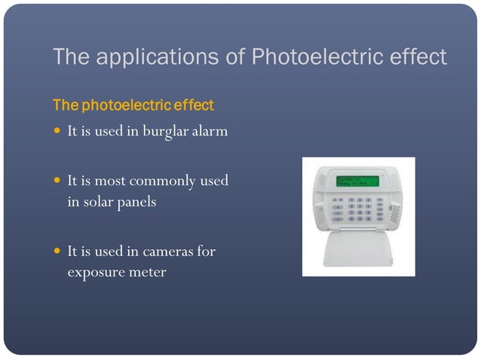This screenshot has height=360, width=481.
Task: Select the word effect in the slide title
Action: (x=417, y=56)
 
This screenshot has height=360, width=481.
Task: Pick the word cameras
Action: (x=167, y=252)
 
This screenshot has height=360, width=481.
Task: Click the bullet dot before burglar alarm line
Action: (x=57, y=132)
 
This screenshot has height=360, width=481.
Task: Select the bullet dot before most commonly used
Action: (x=57, y=182)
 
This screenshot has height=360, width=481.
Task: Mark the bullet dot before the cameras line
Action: (x=57, y=252)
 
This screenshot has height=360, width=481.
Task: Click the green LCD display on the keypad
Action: (x=358, y=182)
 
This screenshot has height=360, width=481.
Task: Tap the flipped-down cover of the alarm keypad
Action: (x=358, y=249)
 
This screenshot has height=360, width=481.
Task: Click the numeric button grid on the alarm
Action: (x=360, y=209)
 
